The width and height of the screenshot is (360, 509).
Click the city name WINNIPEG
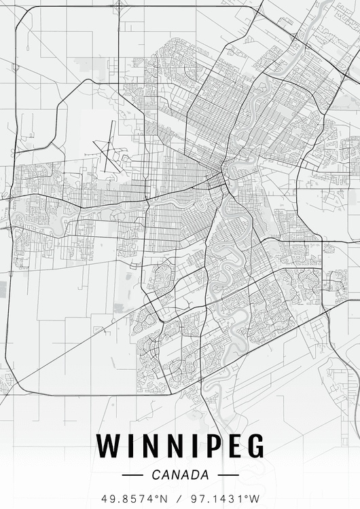(x=180, y=445)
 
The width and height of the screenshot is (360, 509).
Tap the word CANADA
(x=181, y=475)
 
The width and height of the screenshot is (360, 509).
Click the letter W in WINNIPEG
(x=109, y=445)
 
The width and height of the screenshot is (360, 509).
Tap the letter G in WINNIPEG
(x=254, y=445)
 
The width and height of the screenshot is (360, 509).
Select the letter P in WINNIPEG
(x=206, y=445)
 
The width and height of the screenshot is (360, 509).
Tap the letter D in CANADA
(x=194, y=475)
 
